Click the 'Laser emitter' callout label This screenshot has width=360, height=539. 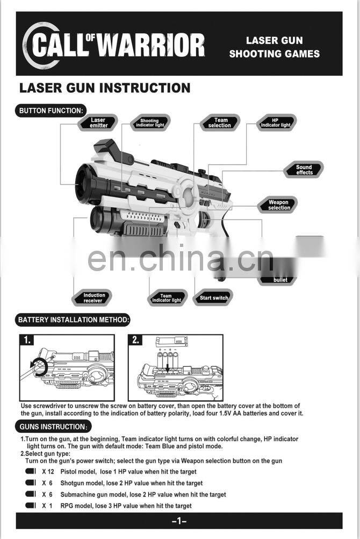(98, 123)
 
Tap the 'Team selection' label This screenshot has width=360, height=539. (220, 123)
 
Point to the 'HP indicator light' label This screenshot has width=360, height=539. (275, 123)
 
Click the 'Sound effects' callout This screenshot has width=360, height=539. (304, 170)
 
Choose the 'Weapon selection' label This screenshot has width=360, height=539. (279, 205)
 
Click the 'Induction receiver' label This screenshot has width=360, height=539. (95, 297)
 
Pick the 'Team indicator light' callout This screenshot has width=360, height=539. (167, 298)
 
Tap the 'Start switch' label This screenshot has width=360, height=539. (214, 298)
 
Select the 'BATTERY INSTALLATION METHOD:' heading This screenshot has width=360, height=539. (74, 320)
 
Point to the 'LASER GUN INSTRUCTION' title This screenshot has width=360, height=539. (105, 88)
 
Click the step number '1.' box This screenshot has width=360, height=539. (27, 340)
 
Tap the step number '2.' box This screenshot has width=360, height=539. (136, 340)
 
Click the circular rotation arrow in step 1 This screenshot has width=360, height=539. (39, 367)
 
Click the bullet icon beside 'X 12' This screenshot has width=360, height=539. (30, 471)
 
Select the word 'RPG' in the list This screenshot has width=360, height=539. (67, 506)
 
